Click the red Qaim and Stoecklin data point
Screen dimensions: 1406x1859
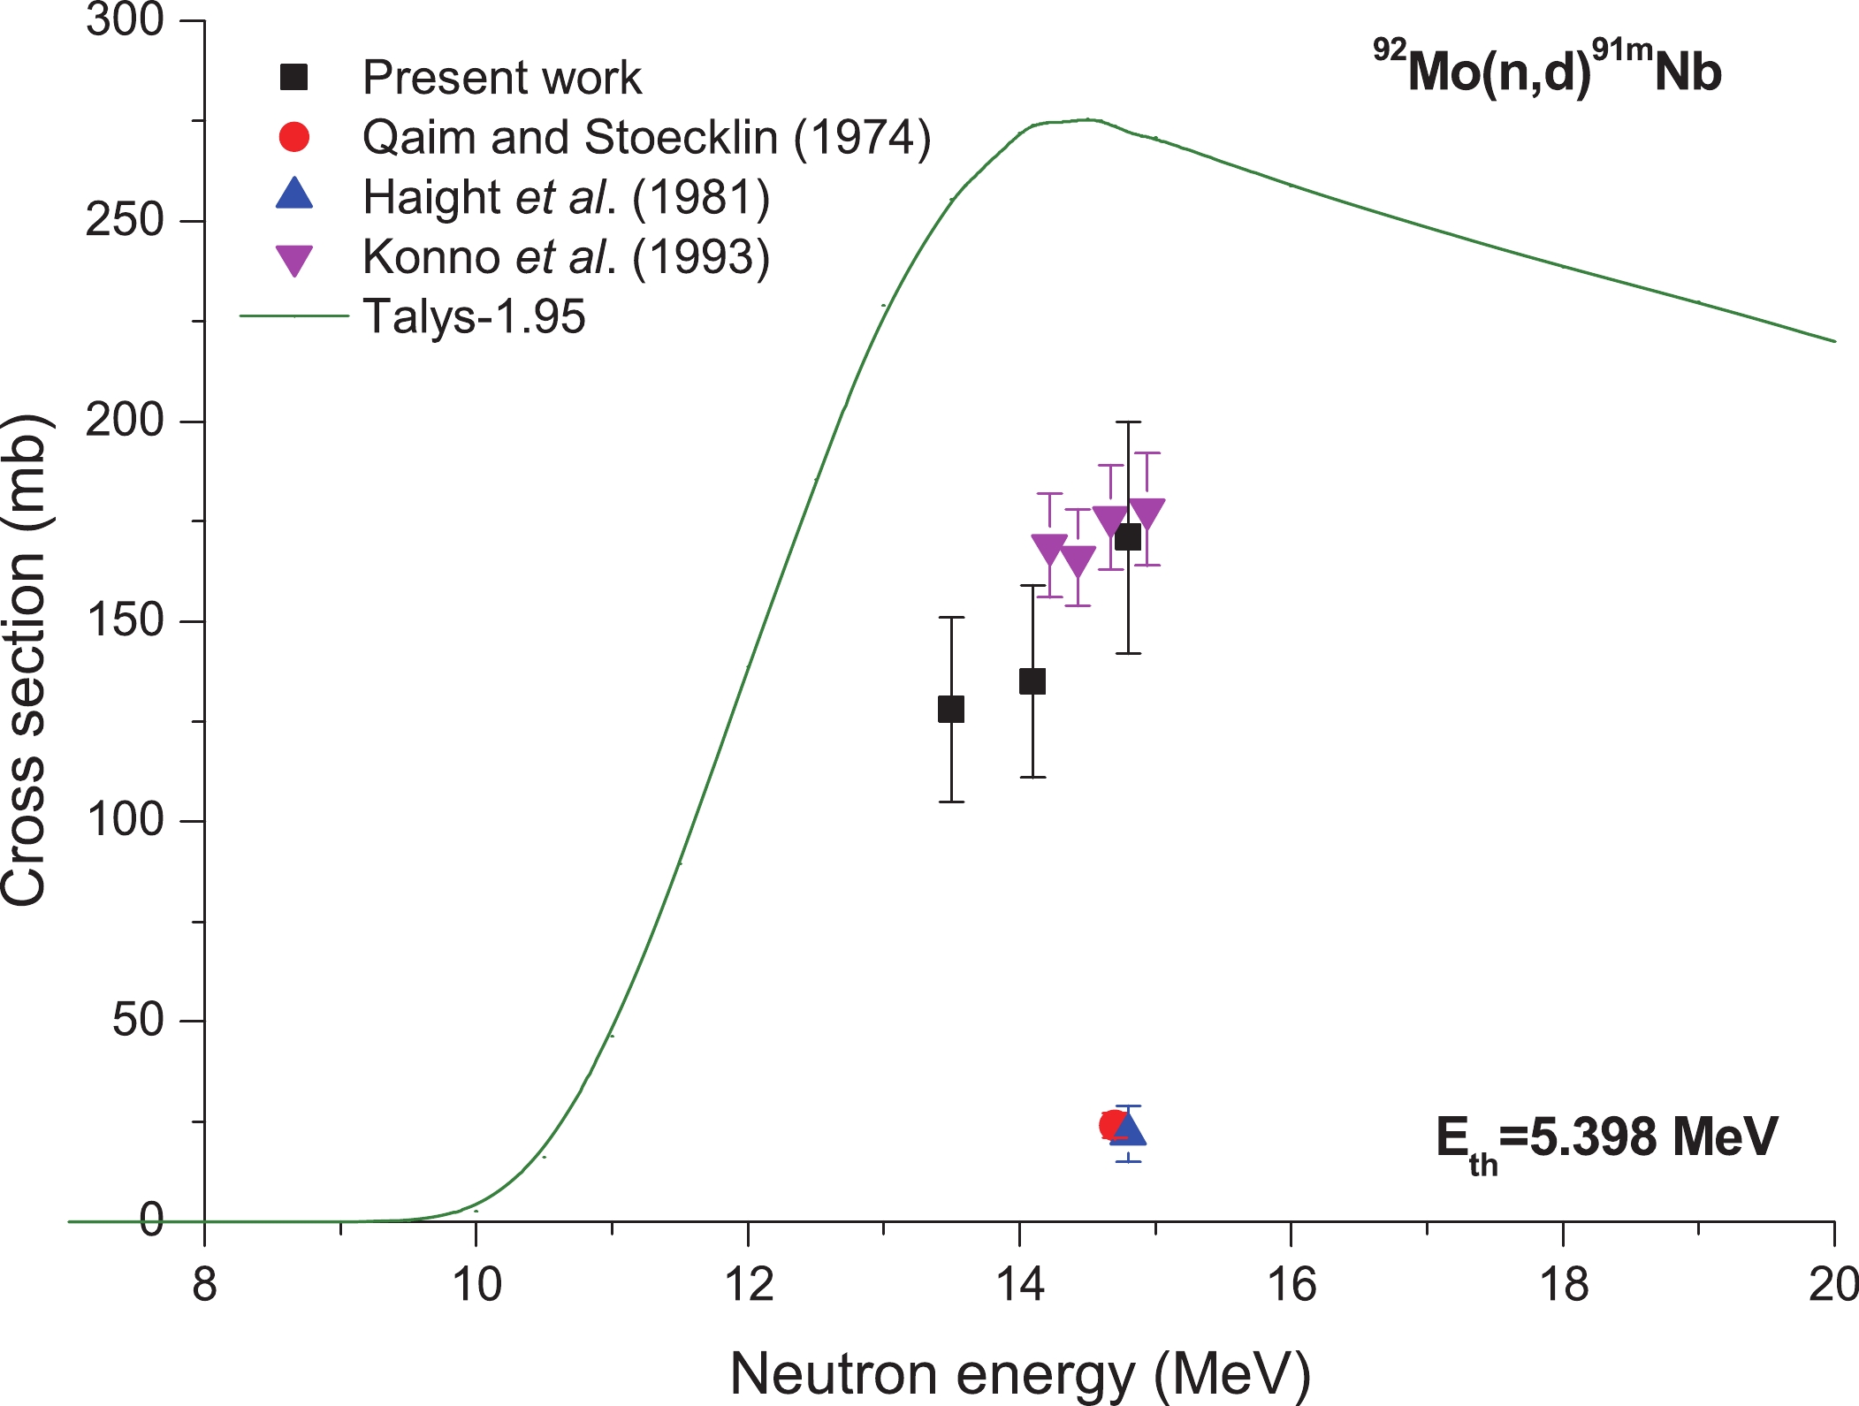pos(1112,1125)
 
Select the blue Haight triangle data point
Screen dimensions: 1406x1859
pos(1128,1130)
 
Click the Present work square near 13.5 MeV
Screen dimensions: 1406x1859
pos(951,709)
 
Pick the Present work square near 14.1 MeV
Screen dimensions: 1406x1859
pos(1032,681)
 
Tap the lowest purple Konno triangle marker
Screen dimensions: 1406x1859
pos(1078,561)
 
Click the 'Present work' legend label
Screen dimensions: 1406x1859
pos(501,78)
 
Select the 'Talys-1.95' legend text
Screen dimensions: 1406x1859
pos(474,316)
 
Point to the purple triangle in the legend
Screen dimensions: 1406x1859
pos(294,260)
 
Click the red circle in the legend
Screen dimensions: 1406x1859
pos(294,137)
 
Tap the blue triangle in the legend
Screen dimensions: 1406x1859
pos(294,194)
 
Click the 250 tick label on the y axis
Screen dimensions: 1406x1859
pos(125,220)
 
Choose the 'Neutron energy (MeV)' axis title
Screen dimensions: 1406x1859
pos(1019,1374)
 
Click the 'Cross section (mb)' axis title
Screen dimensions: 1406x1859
pos(25,660)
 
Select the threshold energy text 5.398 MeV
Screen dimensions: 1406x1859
pos(1606,1138)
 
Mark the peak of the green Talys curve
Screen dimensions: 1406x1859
pos(1087,119)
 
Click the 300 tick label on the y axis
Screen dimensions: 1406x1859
pos(125,19)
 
